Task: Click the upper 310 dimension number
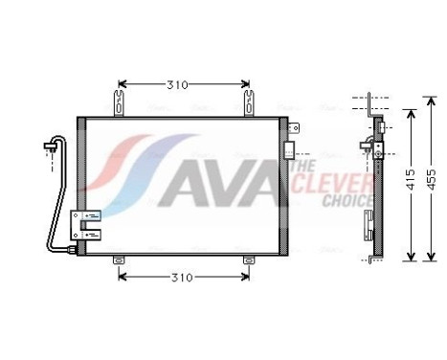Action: click(176, 85)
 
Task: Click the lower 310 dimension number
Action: click(182, 278)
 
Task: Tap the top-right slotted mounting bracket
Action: click(248, 99)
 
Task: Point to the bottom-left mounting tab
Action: click(119, 260)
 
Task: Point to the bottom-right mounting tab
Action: click(248, 260)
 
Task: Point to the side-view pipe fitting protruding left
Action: click(366, 146)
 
